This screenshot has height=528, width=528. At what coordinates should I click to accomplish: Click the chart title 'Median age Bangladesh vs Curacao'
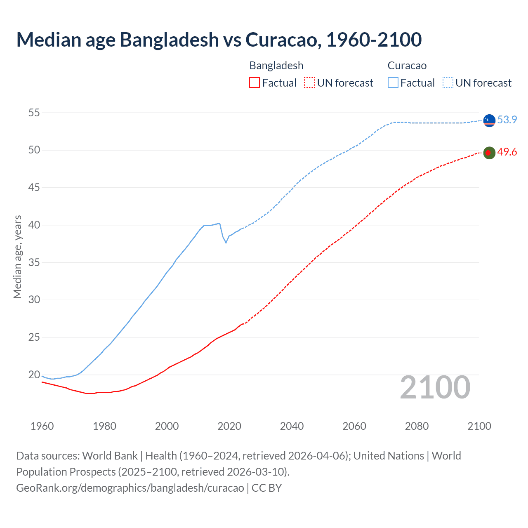click(x=219, y=40)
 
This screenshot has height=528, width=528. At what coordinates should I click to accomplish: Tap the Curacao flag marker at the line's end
click(x=489, y=120)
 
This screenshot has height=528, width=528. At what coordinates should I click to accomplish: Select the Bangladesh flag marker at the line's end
click(x=489, y=153)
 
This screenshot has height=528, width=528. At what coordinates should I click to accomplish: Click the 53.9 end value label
click(x=507, y=120)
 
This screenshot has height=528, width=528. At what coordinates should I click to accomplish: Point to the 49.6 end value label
click(x=507, y=152)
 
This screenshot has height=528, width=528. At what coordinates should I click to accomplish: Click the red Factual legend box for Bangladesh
click(x=255, y=83)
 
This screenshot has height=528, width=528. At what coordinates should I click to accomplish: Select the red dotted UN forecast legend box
click(x=309, y=83)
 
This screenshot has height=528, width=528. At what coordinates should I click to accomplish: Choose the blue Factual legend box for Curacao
click(x=393, y=83)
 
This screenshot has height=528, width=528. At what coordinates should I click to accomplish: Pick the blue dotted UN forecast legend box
click(x=448, y=83)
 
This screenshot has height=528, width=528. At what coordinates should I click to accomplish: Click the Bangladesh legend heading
click(x=276, y=66)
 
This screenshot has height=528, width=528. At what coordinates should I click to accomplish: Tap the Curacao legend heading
click(x=407, y=66)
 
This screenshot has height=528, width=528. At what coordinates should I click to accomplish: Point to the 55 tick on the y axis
click(x=34, y=113)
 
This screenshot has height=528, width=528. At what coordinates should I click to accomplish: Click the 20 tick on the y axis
click(x=34, y=375)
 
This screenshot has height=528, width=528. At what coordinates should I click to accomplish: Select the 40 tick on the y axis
click(x=34, y=225)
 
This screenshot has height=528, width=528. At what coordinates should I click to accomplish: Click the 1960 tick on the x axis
click(x=42, y=426)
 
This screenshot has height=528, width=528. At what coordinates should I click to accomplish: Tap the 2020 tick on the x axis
click(x=229, y=426)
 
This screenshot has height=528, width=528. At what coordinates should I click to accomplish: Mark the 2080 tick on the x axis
click(x=417, y=426)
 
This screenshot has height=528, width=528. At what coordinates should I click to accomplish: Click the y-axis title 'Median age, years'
click(x=17, y=257)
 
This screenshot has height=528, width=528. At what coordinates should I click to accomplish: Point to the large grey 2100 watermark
click(x=435, y=387)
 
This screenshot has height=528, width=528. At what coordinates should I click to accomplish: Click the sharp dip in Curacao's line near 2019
click(x=226, y=242)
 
